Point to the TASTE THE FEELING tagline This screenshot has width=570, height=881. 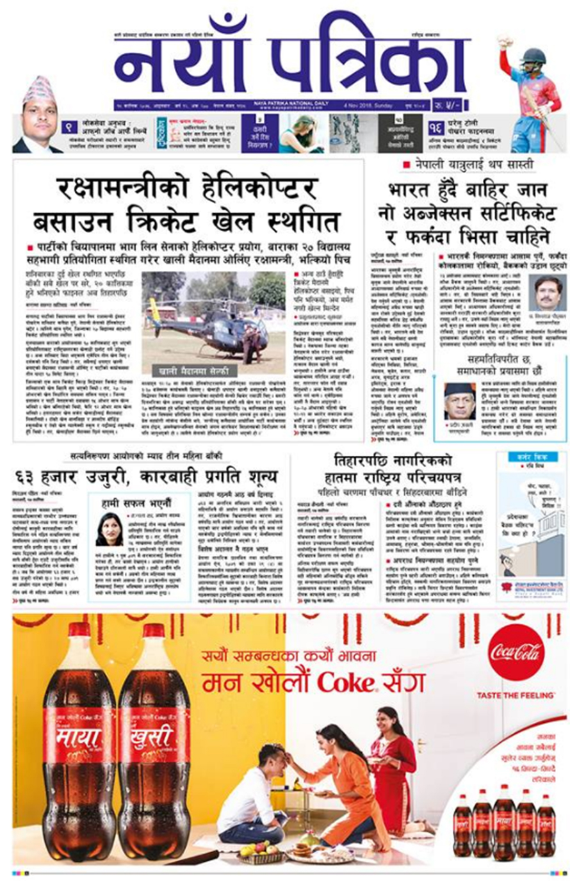click(x=516, y=695)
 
